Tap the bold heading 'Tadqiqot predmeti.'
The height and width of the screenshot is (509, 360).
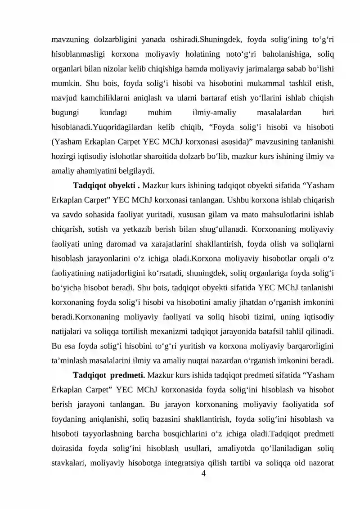point(108,374)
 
